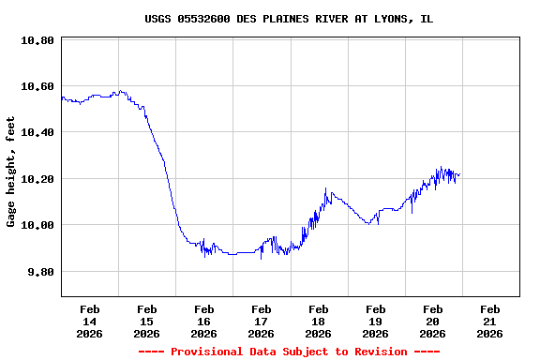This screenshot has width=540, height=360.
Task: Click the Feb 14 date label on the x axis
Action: pos(90,321)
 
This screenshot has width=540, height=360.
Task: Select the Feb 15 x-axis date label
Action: pos(147,321)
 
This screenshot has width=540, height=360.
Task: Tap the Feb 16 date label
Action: pos(204,321)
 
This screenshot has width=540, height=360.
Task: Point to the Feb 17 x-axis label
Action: pos(262,321)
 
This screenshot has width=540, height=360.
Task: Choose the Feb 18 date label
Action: pos(319,321)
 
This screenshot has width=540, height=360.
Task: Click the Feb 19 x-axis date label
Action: pos(376,321)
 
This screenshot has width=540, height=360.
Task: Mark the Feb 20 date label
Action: pos(433,321)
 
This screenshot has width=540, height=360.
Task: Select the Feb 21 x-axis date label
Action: pos(490,321)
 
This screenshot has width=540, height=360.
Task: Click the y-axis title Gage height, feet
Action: pos(11,172)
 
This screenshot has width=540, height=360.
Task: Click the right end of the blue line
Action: pos(459,174)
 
